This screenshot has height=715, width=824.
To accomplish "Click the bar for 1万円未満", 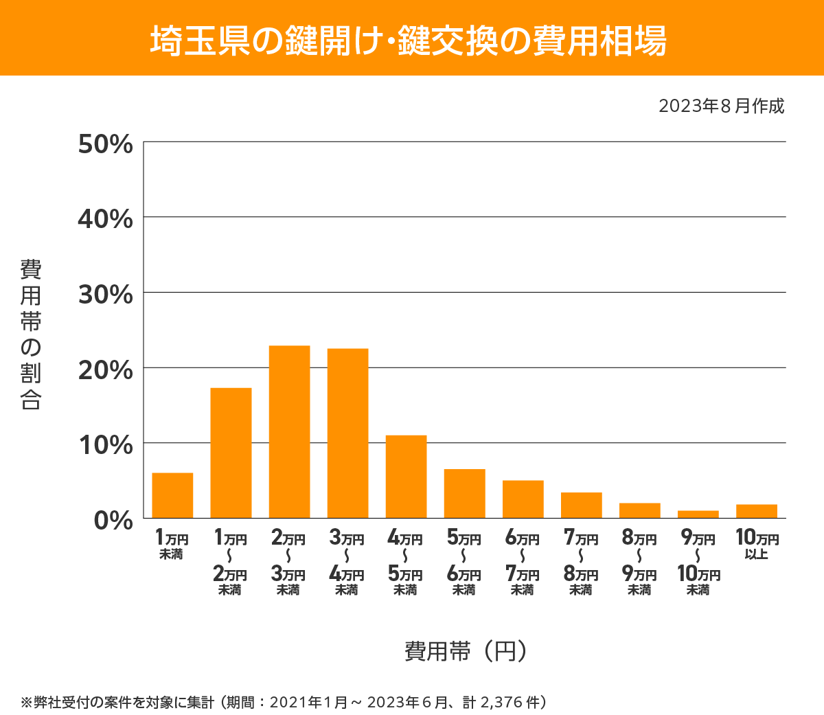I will coord(172,495).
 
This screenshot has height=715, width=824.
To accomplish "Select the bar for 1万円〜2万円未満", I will coord(231,453).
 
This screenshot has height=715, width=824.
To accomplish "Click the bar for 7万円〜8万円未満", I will coord(581,505).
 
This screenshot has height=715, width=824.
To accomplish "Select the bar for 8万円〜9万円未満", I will coord(639,510).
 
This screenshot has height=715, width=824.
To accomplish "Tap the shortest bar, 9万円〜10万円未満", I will coord(698,514).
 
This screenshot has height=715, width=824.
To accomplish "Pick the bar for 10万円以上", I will coord(756,511).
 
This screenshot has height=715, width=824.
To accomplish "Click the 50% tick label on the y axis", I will coord(105,144).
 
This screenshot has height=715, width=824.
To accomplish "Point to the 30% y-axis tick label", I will coord(105,295).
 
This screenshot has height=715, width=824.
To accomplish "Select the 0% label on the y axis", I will coord(113,520).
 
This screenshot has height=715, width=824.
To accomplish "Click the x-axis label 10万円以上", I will coord(757,544).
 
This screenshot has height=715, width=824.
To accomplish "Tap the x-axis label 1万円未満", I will coord(172,545).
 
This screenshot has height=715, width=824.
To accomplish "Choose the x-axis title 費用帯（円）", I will coord(466,650).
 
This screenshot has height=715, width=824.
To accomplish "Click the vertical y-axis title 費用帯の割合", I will coord(31,334).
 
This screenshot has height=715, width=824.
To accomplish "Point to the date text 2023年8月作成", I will coord(721,106).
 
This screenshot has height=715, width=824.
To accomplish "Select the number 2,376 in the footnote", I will coord(501,702).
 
